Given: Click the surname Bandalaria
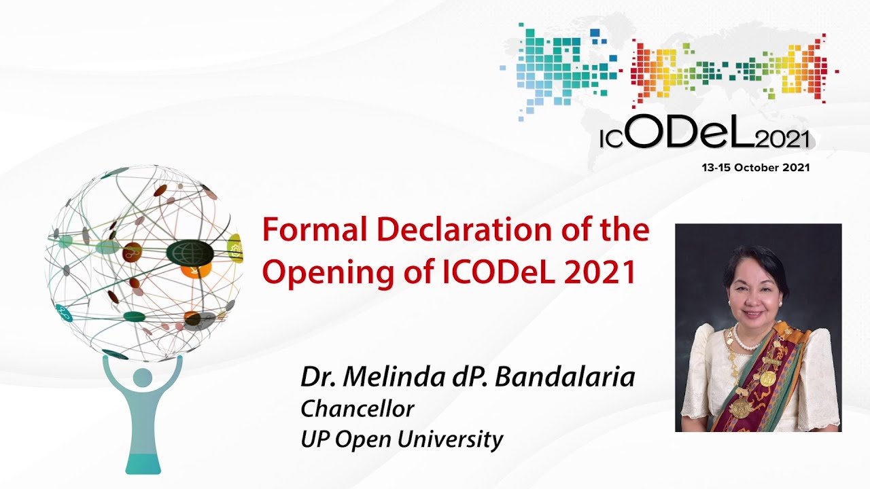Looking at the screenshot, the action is pos(565,377).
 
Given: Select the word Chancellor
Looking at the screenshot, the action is pos(358,408).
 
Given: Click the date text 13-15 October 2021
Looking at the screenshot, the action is pos(755,168).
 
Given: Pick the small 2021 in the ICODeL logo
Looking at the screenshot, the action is pos(782,140).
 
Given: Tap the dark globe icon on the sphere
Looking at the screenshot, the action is pos(190,252).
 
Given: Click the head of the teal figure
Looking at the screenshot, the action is pos(143,378).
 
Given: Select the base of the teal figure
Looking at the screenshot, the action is pos(143,463).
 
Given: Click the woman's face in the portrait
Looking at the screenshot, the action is pos(754,299).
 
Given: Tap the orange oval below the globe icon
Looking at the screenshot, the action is pos(196,269).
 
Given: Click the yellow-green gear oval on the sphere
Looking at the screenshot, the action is pos(235,248).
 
